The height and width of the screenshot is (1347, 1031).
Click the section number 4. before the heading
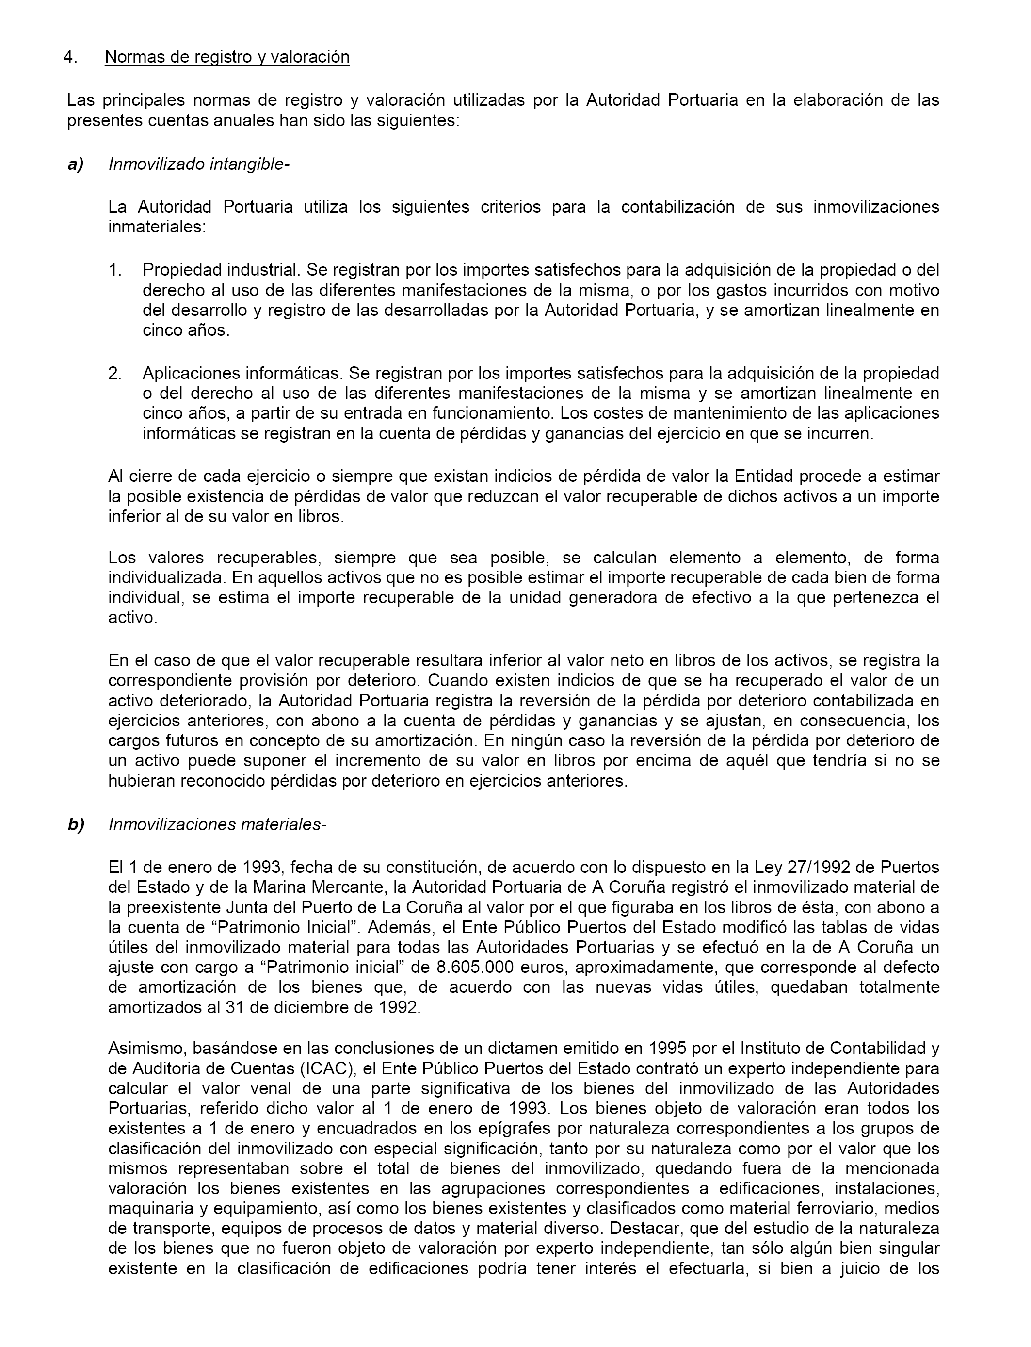point(71,57)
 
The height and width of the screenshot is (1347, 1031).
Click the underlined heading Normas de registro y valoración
point(227,57)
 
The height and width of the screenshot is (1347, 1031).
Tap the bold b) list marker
point(76,824)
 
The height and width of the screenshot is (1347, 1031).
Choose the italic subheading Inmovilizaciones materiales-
point(217,824)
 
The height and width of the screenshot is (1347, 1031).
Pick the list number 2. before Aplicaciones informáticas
point(115,373)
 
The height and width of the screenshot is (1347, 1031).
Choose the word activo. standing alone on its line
point(132,618)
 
